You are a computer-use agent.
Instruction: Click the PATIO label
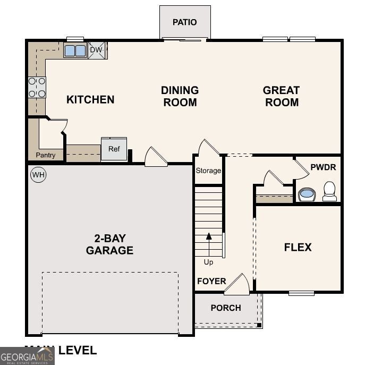click(x=185, y=22)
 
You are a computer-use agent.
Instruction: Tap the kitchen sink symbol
click(x=75, y=50)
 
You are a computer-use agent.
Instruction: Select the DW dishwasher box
click(x=96, y=50)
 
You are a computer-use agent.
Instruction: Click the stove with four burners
click(x=37, y=87)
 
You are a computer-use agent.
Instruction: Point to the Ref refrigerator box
click(x=114, y=149)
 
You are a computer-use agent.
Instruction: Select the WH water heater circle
click(x=38, y=174)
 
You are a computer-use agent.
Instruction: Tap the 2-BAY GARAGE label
click(x=109, y=244)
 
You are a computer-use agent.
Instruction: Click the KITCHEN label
click(x=90, y=99)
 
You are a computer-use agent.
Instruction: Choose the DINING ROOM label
click(x=180, y=96)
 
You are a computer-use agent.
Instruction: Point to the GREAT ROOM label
click(x=282, y=96)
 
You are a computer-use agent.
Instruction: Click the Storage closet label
click(x=208, y=171)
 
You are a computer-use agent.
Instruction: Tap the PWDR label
click(x=323, y=167)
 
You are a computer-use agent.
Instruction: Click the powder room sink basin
click(x=307, y=194)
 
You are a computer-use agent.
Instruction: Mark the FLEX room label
click(x=298, y=247)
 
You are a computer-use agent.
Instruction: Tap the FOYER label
click(x=211, y=281)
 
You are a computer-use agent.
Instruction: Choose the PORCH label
click(x=226, y=308)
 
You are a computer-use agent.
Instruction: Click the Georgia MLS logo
click(x=27, y=355)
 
